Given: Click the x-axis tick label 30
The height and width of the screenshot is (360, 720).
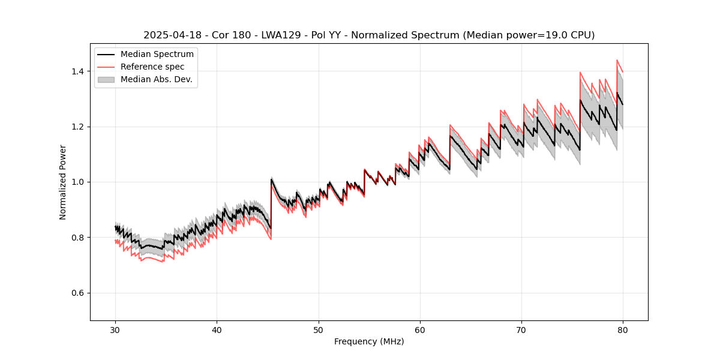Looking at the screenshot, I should click(x=115, y=330).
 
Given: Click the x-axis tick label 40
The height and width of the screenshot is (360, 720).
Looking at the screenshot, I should click(x=217, y=330).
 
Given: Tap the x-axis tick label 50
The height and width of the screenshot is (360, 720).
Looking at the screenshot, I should click(x=318, y=330).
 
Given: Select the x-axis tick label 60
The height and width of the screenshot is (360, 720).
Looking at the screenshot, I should click(x=419, y=330).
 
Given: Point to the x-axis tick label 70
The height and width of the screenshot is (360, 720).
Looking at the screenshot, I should click(x=521, y=330).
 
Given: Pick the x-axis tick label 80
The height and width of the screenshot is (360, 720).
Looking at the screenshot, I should click(x=622, y=330).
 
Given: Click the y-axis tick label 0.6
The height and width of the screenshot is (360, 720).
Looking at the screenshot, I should click(x=78, y=293).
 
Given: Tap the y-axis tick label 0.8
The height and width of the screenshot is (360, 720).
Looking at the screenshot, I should click(x=78, y=238).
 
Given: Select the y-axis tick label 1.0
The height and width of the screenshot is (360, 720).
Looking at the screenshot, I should click(x=78, y=182).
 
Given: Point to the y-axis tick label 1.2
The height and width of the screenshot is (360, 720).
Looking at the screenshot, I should click(x=78, y=127).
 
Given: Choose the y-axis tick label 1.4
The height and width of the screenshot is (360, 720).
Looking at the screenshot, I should click(x=78, y=71).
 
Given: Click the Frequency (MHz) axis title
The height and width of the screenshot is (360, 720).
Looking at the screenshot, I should click(x=369, y=341).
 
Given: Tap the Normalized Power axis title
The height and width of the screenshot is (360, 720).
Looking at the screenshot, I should click(x=63, y=182).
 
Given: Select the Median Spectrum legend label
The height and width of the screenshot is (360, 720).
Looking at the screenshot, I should click(x=157, y=55).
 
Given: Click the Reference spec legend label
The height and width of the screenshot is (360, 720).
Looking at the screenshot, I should click(x=152, y=67).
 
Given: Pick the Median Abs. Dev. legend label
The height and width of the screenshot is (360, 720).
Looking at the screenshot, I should click(x=156, y=79).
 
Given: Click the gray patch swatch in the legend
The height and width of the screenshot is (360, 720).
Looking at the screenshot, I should click(x=106, y=79).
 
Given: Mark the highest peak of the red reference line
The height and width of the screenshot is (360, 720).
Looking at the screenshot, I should click(x=617, y=60).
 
